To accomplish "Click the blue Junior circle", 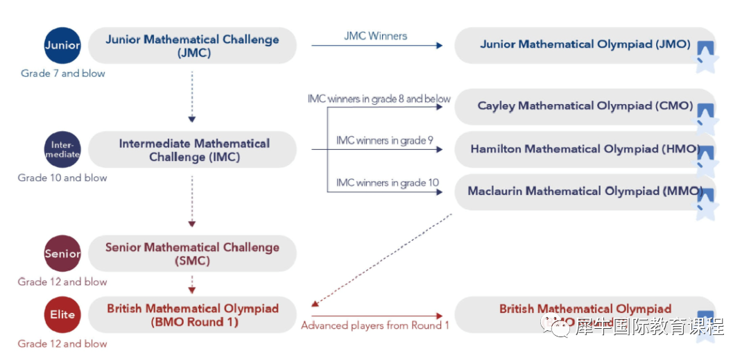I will pyautogui.click(x=62, y=46).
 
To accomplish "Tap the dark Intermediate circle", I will pyautogui.click(x=62, y=150).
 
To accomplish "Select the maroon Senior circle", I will pyautogui.click(x=62, y=253).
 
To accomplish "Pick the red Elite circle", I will pyautogui.click(x=62, y=314).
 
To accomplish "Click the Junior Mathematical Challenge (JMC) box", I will pyautogui.click(x=192, y=46).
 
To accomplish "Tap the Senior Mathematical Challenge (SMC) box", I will pyautogui.click(x=192, y=254).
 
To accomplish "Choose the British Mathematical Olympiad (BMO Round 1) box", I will pyautogui.click(x=192, y=315).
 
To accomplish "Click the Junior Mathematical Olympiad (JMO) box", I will pyautogui.click(x=585, y=45).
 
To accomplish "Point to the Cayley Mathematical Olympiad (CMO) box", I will pyautogui.click(x=585, y=106).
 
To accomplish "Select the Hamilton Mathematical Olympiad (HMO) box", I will pyautogui.click(x=585, y=149).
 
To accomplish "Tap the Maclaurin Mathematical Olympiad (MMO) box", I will pyautogui.click(x=585, y=191).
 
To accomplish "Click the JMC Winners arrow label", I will pyautogui.click(x=375, y=35).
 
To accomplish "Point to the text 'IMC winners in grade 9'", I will pyautogui.click(x=384, y=141).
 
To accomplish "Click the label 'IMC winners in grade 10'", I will pyautogui.click(x=387, y=183).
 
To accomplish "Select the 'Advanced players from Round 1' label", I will pyautogui.click(x=374, y=325).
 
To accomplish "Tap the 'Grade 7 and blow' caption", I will pyautogui.click(x=63, y=74).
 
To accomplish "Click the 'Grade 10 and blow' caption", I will pyautogui.click(x=62, y=178).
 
